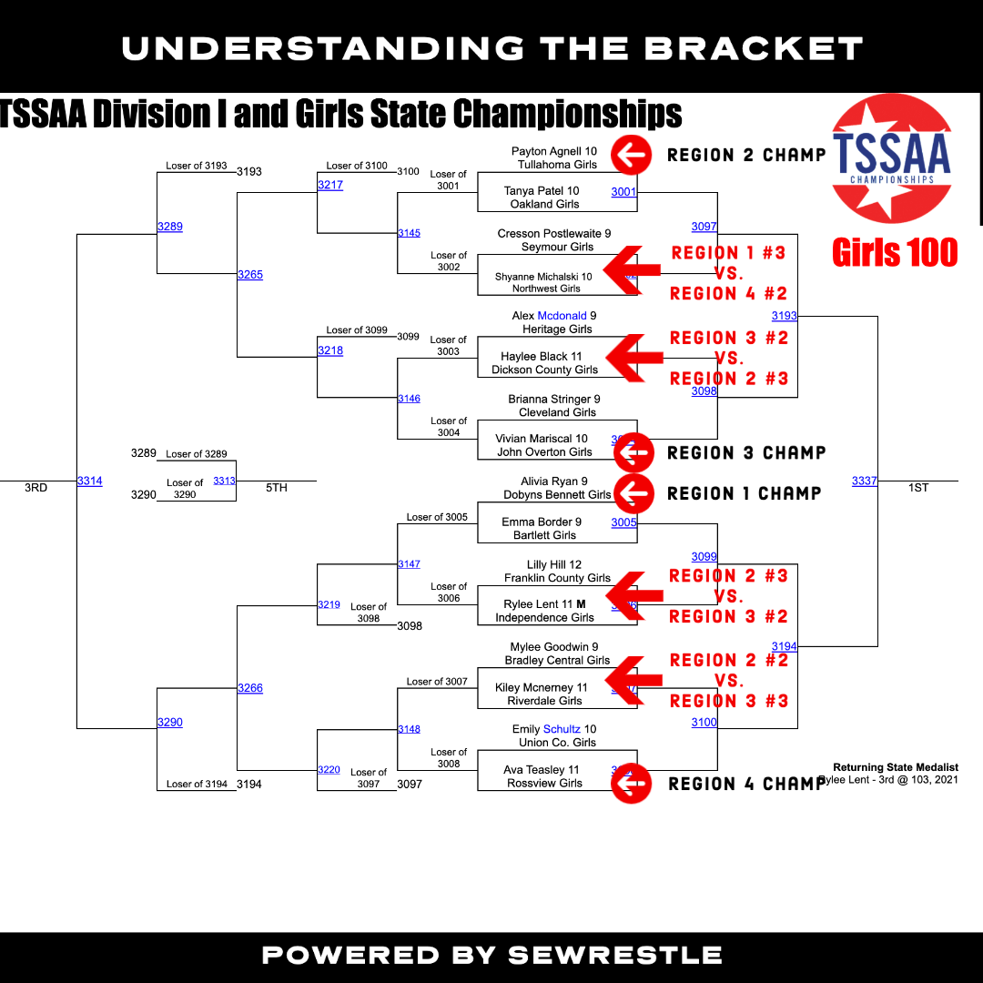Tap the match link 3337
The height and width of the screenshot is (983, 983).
(864, 481)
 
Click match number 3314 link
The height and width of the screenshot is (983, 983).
(89, 481)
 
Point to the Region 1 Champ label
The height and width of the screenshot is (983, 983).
(745, 493)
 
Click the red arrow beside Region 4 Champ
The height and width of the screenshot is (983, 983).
(631, 783)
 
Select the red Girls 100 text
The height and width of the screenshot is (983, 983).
(895, 252)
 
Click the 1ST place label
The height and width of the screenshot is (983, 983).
(918, 488)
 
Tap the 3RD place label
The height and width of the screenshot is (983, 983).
(35, 488)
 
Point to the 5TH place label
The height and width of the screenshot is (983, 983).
(277, 488)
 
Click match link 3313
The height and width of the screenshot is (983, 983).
(224, 481)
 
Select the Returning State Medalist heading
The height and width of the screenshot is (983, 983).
(896, 767)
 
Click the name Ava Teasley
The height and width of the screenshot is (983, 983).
(541, 770)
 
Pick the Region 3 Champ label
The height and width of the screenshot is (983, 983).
(746, 452)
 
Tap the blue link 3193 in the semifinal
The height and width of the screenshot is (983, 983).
(784, 316)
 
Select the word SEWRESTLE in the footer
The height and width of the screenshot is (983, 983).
(615, 956)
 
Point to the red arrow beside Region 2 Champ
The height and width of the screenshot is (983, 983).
(631, 155)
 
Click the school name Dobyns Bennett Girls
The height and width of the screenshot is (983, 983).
(557, 495)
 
